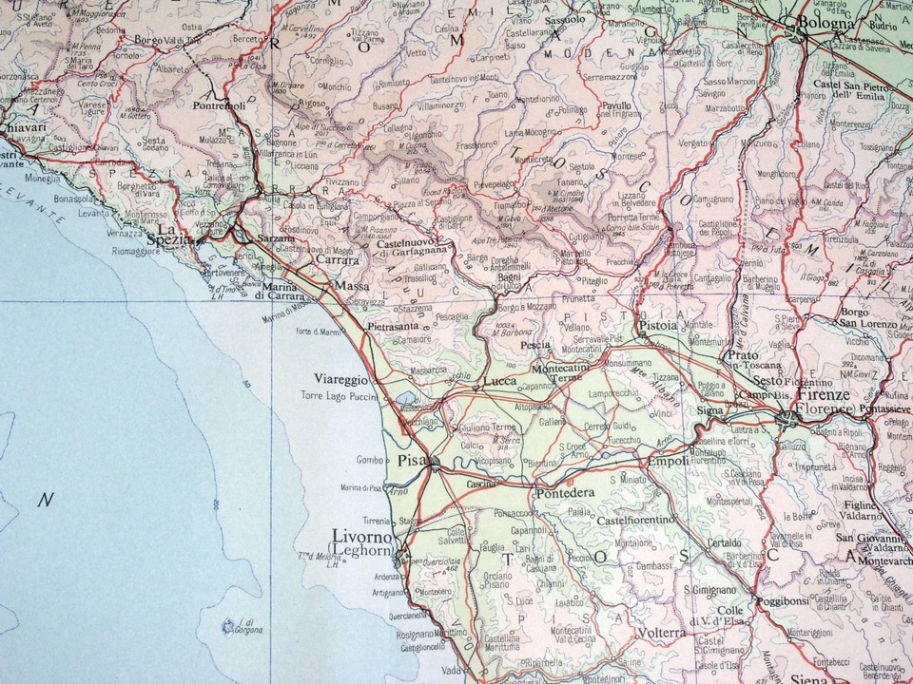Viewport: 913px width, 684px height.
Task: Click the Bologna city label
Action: pos(821,22)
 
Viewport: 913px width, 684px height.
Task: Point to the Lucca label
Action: pos(499,381)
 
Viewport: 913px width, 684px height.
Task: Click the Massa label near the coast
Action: pos(346,285)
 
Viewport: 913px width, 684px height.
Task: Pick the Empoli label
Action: pos(668,463)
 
